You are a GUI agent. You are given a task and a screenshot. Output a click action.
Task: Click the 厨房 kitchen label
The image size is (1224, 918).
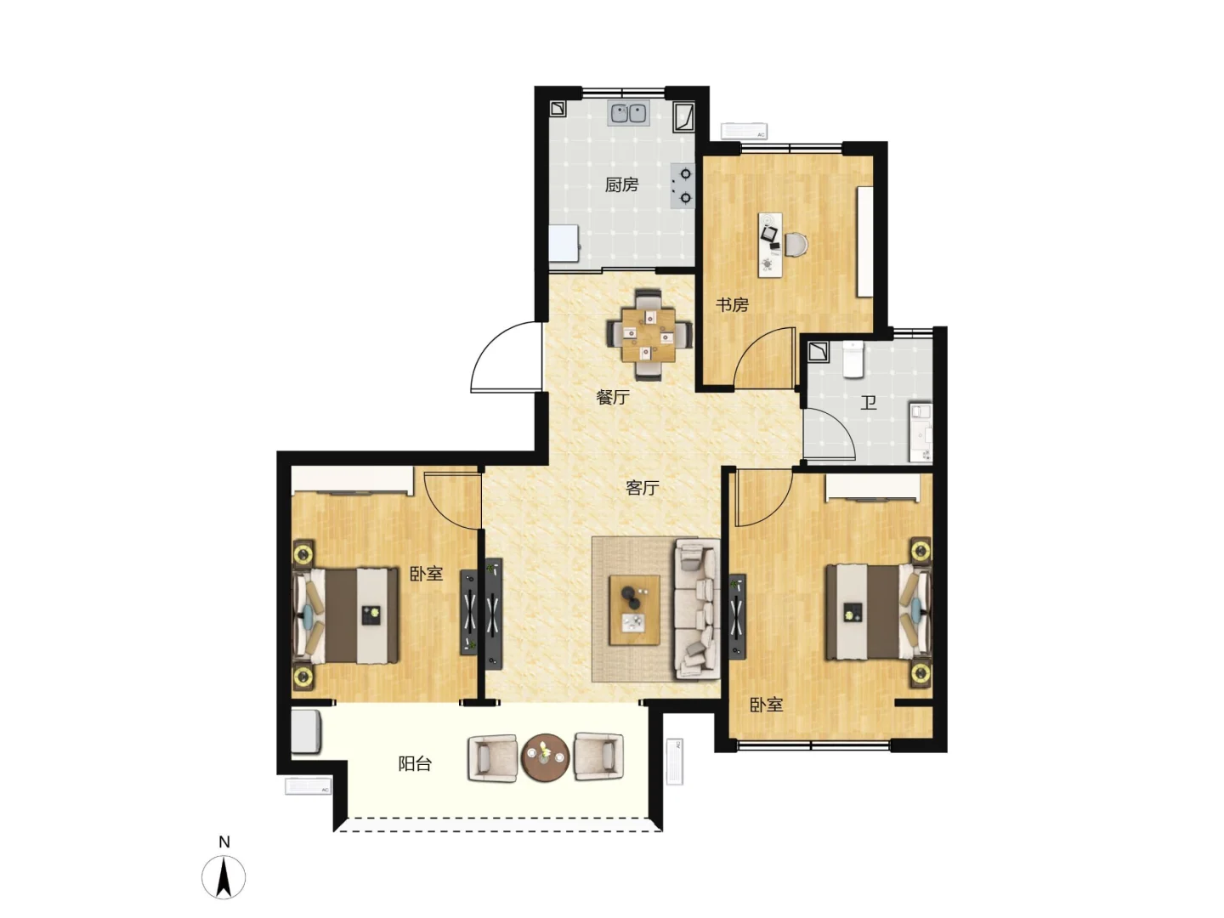[x=621, y=184]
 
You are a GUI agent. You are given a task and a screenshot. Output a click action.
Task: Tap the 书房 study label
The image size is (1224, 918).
[x=732, y=305]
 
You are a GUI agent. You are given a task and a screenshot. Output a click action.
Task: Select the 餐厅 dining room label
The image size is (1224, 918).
[x=613, y=397]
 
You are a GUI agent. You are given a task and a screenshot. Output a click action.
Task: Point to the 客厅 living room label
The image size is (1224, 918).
[x=643, y=488]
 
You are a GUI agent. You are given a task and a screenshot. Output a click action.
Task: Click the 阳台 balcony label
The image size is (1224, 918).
[x=415, y=763]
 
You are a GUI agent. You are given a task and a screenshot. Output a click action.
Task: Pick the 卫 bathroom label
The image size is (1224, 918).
[x=868, y=402]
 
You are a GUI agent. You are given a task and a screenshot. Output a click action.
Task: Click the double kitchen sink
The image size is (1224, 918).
[x=628, y=113]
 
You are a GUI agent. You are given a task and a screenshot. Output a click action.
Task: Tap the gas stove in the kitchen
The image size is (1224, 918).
[x=683, y=185]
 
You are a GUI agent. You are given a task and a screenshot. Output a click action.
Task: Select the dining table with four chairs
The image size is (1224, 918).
[x=649, y=334]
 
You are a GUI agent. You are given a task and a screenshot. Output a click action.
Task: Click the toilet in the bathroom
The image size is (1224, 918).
[x=853, y=360]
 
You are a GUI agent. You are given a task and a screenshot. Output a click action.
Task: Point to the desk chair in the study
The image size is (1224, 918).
[x=796, y=244]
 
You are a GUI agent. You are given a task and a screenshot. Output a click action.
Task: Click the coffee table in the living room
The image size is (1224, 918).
[x=635, y=610]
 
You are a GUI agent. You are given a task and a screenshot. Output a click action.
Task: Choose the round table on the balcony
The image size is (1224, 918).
[x=546, y=757]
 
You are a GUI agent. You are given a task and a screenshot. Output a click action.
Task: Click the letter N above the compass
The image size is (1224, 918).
[x=224, y=841]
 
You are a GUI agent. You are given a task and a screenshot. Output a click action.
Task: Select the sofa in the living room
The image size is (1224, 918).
[x=696, y=609]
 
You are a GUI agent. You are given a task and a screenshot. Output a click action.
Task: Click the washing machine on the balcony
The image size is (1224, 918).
[x=306, y=731]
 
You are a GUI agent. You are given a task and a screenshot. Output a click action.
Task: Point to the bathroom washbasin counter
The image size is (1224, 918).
[x=921, y=433]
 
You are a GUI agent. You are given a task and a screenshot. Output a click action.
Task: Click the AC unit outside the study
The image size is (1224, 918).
[x=744, y=131]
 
